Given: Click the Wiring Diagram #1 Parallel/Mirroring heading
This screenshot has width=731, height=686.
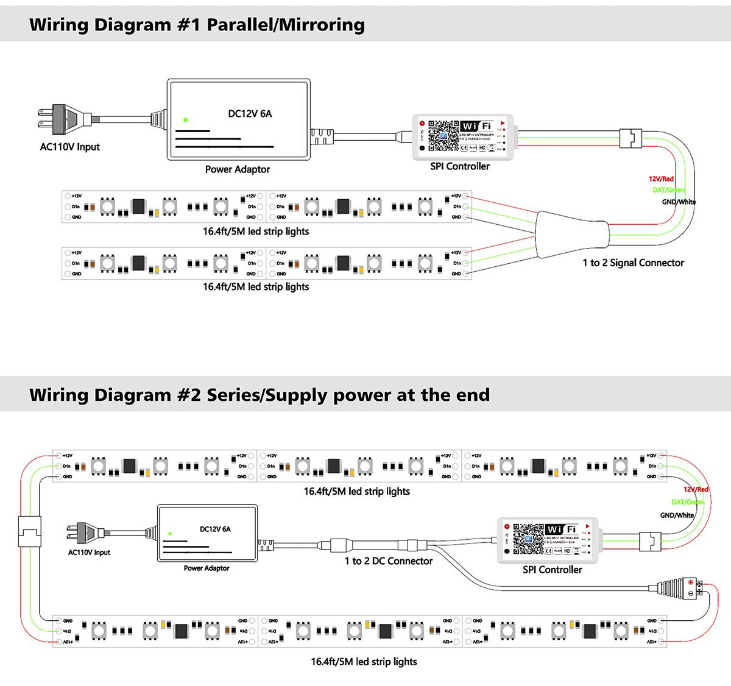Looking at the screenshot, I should [x=197, y=24].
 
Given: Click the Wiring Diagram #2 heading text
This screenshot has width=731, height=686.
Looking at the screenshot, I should [x=260, y=395].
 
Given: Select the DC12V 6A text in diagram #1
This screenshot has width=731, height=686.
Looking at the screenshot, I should [x=250, y=114].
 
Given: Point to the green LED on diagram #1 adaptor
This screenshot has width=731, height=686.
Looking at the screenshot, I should [x=185, y=120].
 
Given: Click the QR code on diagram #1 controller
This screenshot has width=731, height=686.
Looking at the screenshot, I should [x=443, y=135].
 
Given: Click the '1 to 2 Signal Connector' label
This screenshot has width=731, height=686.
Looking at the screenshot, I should [x=633, y=263].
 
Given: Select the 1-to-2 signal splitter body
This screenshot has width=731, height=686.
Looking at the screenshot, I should [x=572, y=235].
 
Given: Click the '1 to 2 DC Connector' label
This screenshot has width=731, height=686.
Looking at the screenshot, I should [x=389, y=561].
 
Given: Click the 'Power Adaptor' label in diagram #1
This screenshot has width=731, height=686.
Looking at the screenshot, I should [x=237, y=169].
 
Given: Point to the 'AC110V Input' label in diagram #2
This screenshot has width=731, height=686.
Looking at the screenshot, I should [x=89, y=553].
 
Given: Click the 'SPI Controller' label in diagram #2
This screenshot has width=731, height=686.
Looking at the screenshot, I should [x=552, y=570].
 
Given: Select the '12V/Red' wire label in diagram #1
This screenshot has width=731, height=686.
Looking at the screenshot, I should [x=661, y=179].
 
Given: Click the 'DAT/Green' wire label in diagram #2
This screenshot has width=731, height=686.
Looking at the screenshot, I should [x=687, y=502].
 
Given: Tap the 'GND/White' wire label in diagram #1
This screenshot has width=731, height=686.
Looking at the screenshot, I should [x=679, y=202].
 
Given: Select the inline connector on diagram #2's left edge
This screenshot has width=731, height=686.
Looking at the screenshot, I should [x=29, y=531].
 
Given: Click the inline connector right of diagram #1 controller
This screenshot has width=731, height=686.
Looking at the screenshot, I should [x=630, y=138].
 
